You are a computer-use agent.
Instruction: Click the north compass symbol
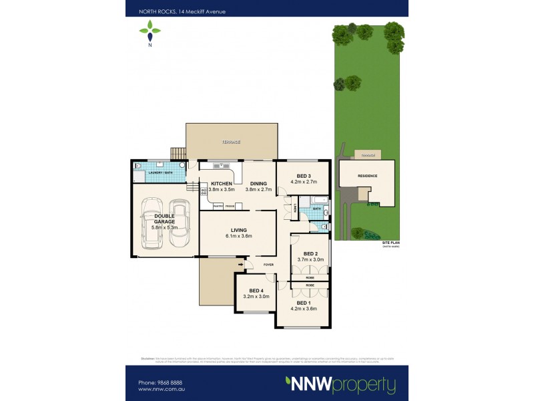pos(150,32)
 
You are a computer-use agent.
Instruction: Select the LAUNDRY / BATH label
pos(160,173)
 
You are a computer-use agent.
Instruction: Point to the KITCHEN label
pos(222,184)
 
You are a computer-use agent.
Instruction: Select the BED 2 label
pos(310,254)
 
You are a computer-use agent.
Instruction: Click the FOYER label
pos(269,265)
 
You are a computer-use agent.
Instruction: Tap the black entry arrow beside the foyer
pos(242,265)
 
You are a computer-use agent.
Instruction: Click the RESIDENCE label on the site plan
pos(368,176)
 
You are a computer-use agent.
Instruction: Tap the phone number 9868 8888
pos(162,382)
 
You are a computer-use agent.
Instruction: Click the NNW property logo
pos(340,385)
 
